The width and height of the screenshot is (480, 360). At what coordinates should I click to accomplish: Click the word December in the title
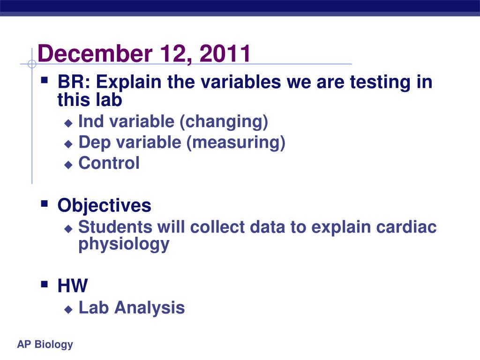point(95,53)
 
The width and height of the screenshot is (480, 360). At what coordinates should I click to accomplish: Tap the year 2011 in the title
point(225,53)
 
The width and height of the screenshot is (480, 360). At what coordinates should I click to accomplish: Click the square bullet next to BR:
point(45,80)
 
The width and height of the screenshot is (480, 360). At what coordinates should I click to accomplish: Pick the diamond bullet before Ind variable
point(68,123)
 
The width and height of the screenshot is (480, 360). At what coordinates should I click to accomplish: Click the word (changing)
point(224,122)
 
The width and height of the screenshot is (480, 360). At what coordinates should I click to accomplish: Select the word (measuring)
point(236,143)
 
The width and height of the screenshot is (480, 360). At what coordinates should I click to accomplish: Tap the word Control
point(109,163)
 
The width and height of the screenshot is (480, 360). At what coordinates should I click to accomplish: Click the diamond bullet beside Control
point(68,165)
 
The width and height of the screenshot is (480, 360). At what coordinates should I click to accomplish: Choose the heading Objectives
point(104,205)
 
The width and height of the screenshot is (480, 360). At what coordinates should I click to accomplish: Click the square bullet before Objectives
point(45,203)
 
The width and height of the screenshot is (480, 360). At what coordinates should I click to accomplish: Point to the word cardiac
point(406,227)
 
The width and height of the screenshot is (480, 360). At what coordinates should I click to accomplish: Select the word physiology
point(124,245)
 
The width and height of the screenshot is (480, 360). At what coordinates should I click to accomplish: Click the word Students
point(115,227)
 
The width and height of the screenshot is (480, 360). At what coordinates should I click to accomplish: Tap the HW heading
point(73,285)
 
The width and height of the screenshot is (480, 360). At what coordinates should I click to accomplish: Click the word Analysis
point(150,308)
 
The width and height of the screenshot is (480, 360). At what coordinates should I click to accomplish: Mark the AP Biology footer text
point(45,345)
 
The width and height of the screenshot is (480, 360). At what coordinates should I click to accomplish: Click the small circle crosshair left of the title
point(32,64)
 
